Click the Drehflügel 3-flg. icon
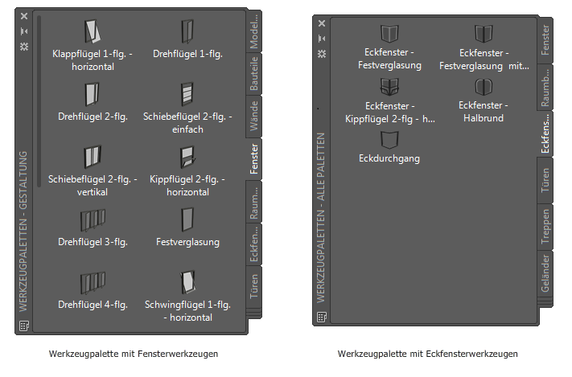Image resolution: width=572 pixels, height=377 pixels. tap(93, 219)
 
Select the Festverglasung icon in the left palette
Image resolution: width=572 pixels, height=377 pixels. tap(187, 219)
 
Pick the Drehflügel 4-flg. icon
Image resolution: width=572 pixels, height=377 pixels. tap(93, 282)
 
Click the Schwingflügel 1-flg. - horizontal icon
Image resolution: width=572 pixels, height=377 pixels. tap(187, 282)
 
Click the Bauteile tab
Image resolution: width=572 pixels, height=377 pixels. tap(254, 73)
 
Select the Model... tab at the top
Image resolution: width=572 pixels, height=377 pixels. tap(254, 32)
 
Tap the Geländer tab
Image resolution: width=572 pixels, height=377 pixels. tap(545, 273)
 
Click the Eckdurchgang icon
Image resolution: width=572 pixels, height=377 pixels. tap(389, 140)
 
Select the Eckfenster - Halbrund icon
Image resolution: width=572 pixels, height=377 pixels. tap(483, 87)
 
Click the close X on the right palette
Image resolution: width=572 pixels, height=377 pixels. tap(322, 23)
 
